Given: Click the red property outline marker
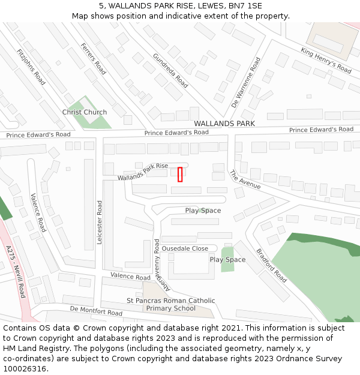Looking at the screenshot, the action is point(180,174).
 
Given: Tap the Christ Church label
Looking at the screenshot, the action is point(85,112).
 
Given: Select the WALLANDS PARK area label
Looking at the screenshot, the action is point(224,124).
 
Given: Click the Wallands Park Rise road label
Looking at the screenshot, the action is point(143,170).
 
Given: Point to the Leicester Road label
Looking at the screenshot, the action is point(100,222).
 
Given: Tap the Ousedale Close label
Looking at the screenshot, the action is point(185,248).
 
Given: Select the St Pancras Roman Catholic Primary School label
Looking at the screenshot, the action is point(170,305).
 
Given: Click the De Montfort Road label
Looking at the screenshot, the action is point(96,310).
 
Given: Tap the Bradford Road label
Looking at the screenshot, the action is point(271,266).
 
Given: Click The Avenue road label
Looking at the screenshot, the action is point(245,179).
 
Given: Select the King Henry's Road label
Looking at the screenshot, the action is point(326,61).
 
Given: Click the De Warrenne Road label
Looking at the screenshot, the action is point(254,81).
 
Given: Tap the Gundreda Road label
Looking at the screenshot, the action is point(170,70).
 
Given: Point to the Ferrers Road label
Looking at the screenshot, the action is point(93,59).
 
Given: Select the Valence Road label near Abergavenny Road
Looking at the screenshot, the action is point(130,277).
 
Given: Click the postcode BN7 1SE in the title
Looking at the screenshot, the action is point(245,6).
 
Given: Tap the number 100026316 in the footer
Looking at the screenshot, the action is point(25,368).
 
